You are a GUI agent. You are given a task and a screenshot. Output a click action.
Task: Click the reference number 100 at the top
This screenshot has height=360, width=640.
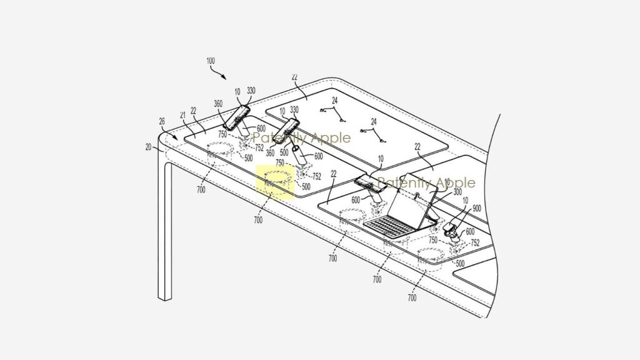point(210,61)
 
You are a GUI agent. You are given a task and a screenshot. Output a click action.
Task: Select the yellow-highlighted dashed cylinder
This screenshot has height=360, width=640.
point(276,181)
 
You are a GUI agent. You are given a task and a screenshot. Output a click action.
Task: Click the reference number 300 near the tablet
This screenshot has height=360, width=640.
point(457,192)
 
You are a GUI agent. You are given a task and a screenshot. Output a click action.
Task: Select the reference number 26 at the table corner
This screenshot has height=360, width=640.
point(162,122)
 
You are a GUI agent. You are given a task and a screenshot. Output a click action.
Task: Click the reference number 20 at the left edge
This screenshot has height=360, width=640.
point(149,147)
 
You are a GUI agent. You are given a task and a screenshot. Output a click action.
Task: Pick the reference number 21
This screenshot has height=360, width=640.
point(183,115)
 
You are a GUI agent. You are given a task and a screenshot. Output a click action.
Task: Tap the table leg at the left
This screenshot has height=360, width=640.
point(164,237)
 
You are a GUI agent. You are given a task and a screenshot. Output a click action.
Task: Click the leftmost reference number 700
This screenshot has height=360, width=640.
point(200,189)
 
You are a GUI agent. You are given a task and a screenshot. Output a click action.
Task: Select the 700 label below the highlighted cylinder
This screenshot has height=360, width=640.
point(258,220)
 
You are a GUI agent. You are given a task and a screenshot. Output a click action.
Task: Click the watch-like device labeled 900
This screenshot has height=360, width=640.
point(452,231)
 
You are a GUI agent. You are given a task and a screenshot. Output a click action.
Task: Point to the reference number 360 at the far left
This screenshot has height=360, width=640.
point(218,104)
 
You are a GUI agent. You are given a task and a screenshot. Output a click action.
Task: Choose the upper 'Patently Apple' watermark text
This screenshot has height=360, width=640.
point(301,137)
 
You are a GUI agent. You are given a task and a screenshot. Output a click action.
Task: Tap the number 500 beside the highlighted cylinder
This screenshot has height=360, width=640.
point(306,186)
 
